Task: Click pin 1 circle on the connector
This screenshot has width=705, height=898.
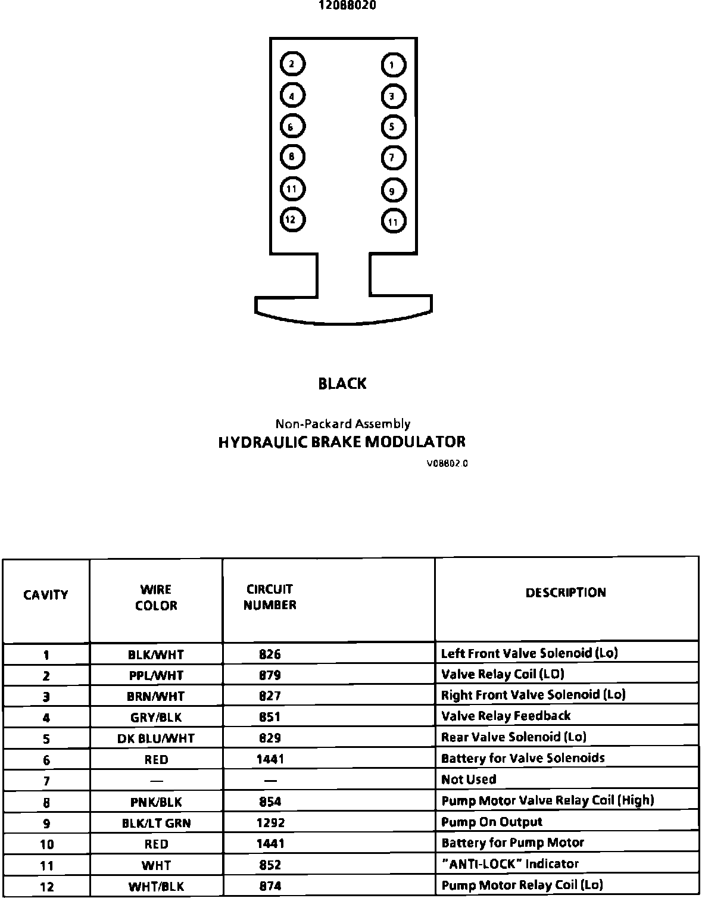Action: click(393, 65)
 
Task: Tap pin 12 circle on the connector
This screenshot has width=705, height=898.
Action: click(292, 220)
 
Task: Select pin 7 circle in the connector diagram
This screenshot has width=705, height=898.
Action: click(393, 158)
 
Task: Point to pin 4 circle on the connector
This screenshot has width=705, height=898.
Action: click(292, 96)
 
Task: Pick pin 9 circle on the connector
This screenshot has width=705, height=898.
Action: click(393, 191)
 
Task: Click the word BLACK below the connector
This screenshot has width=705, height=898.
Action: click(342, 384)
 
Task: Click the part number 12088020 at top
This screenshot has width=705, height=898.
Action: click(348, 6)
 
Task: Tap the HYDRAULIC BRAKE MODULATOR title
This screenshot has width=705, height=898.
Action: click(342, 442)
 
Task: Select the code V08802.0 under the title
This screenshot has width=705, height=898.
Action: click(447, 463)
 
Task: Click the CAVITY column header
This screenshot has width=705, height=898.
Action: click(46, 595)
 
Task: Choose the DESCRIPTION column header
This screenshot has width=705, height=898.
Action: click(566, 593)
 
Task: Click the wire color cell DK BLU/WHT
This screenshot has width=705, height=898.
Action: click(156, 738)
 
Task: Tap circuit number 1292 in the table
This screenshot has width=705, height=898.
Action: click(270, 823)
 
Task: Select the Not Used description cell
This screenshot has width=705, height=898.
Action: click(469, 779)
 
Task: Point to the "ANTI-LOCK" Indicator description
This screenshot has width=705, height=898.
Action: click(510, 864)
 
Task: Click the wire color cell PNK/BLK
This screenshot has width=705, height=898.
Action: click(156, 802)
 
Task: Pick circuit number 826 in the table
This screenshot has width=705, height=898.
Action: click(270, 654)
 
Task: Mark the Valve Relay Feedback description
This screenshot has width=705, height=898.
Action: click(506, 716)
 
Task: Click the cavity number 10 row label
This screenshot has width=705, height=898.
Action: click(46, 844)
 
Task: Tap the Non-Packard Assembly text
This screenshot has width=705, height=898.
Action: click(342, 424)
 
